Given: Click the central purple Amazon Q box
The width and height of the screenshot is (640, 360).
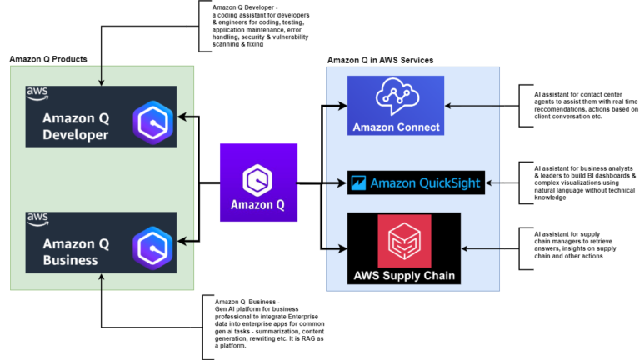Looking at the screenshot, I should click(258, 182).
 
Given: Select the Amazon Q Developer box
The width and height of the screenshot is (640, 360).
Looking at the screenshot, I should click(101, 117).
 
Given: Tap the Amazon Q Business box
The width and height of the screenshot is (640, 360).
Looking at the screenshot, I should click(101, 242).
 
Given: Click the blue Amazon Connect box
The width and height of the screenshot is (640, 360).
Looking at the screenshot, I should click(396, 105).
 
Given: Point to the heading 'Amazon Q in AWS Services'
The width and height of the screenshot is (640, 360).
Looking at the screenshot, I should click(380, 60).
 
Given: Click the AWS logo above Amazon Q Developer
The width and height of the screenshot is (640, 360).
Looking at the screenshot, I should click(37, 92).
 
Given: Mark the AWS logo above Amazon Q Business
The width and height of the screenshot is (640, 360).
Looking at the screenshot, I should click(37, 219).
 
